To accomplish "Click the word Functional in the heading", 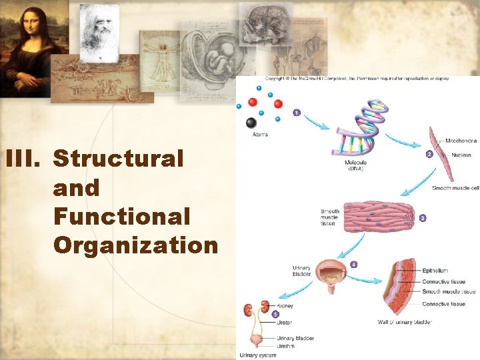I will [121, 217].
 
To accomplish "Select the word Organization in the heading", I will [135, 245].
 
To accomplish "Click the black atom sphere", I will [251, 123].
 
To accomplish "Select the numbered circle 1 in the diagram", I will [296, 113].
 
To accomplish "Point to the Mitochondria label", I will [461, 141].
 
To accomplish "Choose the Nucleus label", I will [461, 155].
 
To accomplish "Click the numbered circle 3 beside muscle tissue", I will [423, 218].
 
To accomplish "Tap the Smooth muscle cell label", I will [455, 188].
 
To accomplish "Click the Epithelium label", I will [435, 271].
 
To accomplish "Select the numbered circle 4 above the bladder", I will [353, 264].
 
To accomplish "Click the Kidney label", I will [285, 306].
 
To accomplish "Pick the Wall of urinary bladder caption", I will [405, 323].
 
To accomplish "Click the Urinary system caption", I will [258, 355].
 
